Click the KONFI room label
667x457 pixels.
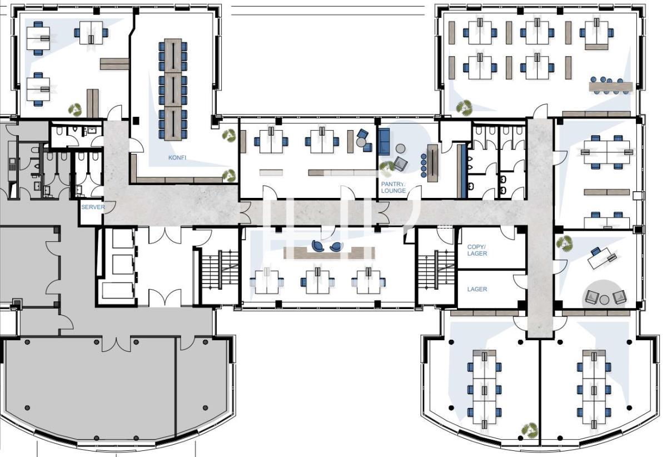click(x=177, y=157)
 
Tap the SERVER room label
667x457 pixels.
click(x=93, y=207)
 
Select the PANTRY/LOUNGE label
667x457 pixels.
click(x=394, y=187)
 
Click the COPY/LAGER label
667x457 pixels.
click(x=477, y=250)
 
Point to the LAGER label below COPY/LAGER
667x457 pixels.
click(x=477, y=289)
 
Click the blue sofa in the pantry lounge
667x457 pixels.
click(x=384, y=142)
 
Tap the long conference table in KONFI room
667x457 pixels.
click(x=173, y=90)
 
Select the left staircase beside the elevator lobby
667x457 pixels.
click(x=220, y=270)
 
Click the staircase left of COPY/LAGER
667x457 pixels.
click(x=436, y=270)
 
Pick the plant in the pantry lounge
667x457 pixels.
click(x=387, y=168)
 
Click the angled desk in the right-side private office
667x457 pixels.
click(x=603, y=259)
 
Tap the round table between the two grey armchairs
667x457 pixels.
click(x=604, y=300)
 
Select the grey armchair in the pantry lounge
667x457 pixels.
click(x=401, y=164)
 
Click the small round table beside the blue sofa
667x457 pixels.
click(x=401, y=148)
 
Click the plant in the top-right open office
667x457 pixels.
click(x=464, y=107)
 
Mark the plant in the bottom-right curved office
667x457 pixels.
click(x=530, y=430)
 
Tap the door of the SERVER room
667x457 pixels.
click(x=109, y=207)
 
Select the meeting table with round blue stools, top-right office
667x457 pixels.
click(x=610, y=87)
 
